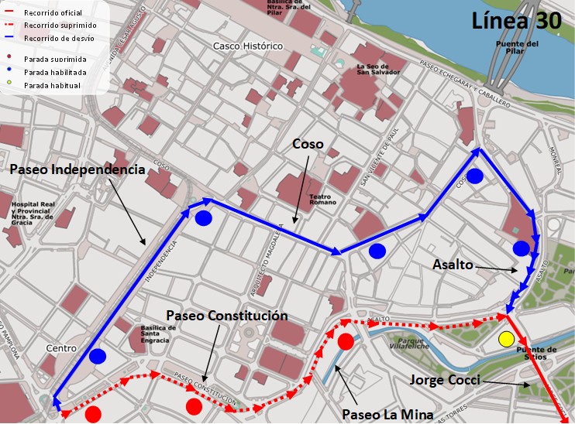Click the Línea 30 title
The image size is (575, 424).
coord(516,21)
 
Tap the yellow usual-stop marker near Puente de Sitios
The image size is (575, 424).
coord(506,338)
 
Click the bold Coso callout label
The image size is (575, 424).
coord(308,144)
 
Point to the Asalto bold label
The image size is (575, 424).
coord(453,265)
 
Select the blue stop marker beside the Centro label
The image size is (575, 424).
coord(97,357)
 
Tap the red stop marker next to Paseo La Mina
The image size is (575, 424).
coord(346,341)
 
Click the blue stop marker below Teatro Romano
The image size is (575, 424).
coord(377,250)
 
